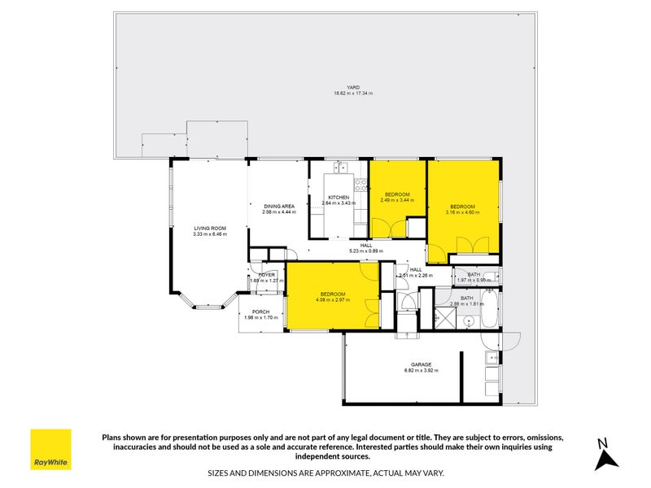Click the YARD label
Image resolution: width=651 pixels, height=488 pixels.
tap(353, 87)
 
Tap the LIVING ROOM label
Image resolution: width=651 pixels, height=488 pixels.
tap(210, 228)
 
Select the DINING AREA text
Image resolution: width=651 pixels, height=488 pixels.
tap(278, 207)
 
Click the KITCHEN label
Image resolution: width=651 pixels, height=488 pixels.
tap(339, 198)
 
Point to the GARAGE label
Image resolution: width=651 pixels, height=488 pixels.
tap(421, 364)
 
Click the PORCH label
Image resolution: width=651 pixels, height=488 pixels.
tap(261, 312)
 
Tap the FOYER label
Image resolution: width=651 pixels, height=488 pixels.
tap(267, 275)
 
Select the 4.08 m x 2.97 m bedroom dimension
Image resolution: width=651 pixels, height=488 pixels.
tap(332, 299)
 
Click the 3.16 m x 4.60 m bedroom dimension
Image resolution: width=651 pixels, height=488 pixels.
tap(462, 212)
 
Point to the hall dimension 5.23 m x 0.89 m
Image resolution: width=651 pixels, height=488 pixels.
tap(366, 251)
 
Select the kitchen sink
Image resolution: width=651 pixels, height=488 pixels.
tap(341, 168)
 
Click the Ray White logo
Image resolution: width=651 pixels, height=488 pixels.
tap(50, 449)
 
